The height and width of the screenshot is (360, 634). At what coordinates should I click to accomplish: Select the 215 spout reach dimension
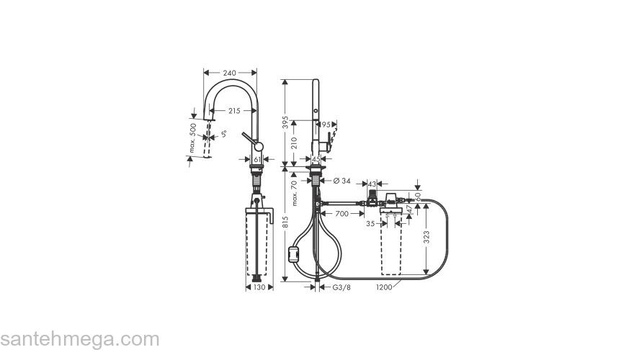pos(234,110)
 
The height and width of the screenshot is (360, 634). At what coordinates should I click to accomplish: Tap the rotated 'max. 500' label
pos(193,138)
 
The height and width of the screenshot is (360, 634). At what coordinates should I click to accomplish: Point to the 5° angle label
pos(225,133)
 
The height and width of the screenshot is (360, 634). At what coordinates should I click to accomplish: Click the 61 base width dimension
pos(258,159)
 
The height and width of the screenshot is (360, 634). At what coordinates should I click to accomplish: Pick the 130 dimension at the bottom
pos(259,287)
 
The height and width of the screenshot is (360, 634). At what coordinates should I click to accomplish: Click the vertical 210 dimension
pos(294,142)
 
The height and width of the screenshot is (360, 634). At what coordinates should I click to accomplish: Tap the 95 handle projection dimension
pos(326,125)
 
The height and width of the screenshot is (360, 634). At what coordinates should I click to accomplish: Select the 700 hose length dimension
pos(341,214)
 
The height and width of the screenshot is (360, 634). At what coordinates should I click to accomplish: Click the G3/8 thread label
pos(341,287)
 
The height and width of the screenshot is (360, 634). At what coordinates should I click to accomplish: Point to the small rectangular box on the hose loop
pos(293,253)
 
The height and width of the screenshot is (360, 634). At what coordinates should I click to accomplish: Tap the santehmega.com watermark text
pos(79,339)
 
